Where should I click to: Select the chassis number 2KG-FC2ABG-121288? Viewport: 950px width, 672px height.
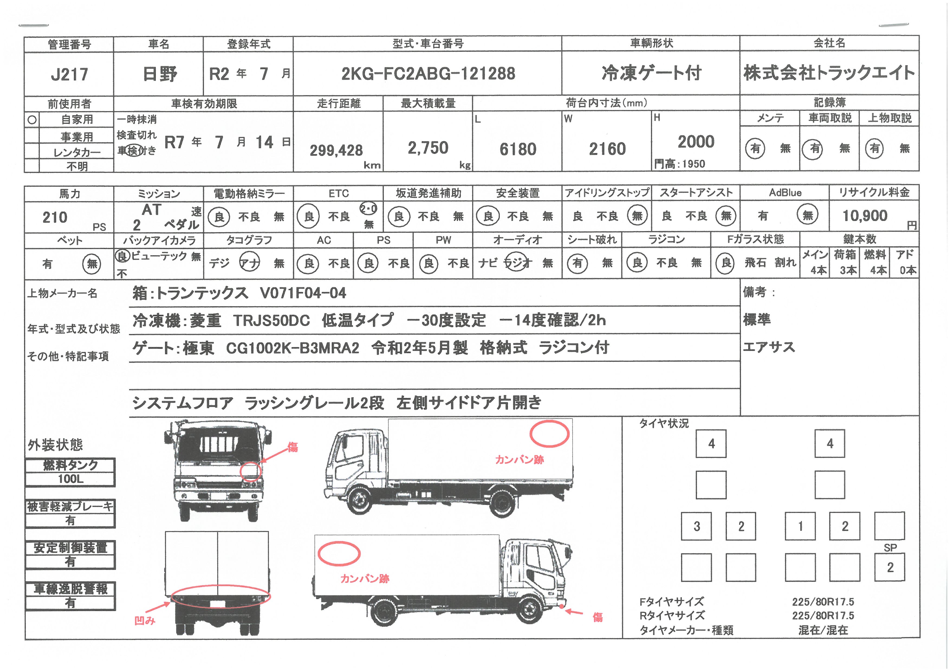[428, 74]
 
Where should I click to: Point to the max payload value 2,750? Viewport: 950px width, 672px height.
[428, 148]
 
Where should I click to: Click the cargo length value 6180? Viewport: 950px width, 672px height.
[518, 149]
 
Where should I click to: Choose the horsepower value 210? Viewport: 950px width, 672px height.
[55, 217]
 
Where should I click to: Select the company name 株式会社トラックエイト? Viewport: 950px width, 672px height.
[829, 73]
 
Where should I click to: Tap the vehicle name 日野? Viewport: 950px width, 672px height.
[160, 74]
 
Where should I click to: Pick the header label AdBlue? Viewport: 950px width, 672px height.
[785, 193]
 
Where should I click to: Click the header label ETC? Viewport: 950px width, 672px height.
[338, 193]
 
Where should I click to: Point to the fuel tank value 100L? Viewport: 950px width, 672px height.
[70, 479]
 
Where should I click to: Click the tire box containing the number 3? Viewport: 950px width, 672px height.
[696, 526]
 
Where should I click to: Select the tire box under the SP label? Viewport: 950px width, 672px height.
[890, 567]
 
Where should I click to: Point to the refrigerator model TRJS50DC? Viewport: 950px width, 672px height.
[271, 320]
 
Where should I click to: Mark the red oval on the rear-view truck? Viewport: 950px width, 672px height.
[221, 587]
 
